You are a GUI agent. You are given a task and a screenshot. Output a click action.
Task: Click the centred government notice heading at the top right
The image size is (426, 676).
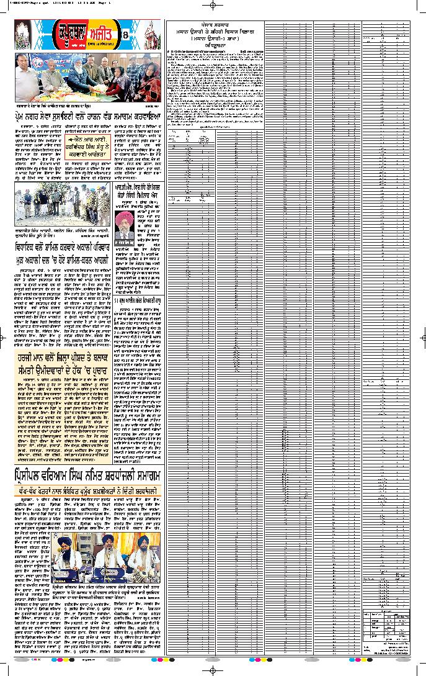point(214,35)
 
